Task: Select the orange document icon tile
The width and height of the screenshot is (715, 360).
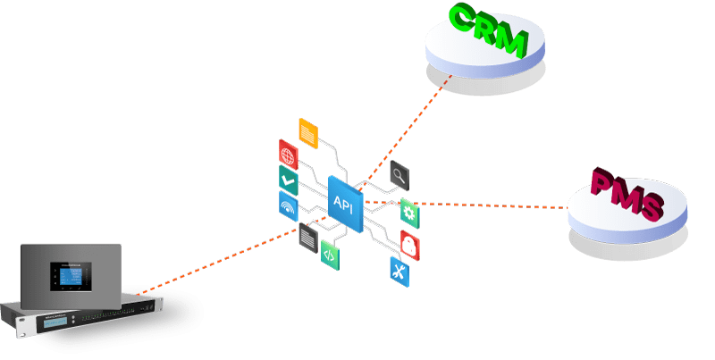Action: tap(307, 132)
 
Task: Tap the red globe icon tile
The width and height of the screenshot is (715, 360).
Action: tap(289, 153)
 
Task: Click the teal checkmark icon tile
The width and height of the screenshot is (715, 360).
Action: tap(288, 180)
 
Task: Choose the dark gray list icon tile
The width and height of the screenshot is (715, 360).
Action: tap(307, 237)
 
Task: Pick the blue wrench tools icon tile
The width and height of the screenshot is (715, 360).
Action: tap(399, 270)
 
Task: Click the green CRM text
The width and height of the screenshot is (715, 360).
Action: tap(487, 31)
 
